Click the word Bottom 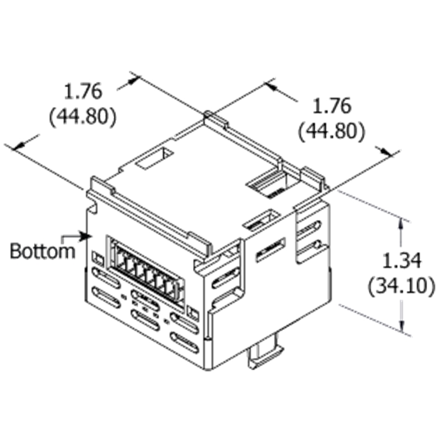click(42, 251)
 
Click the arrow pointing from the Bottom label click(76, 238)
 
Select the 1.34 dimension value click(402, 260)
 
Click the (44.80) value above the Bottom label click(83, 116)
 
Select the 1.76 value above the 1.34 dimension click(332, 106)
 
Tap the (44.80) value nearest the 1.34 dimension click(332, 131)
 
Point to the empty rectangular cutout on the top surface click(154, 159)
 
